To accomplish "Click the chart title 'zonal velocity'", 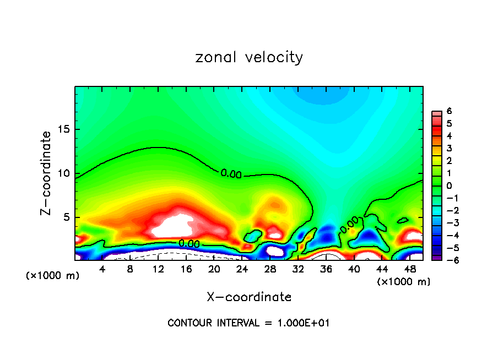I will click(x=249, y=57).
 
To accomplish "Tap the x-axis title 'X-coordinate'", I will click(x=249, y=297).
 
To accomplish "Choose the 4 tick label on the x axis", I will click(x=102, y=269).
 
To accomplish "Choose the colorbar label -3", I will click(x=450, y=223).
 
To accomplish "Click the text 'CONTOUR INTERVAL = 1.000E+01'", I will click(x=248, y=323).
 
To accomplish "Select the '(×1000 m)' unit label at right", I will click(x=404, y=282).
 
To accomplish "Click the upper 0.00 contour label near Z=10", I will click(x=231, y=174).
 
